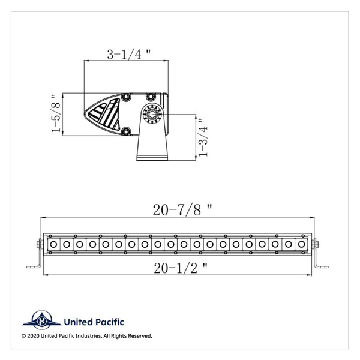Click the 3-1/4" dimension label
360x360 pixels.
point(128,55)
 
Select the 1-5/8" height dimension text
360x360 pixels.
point(57,113)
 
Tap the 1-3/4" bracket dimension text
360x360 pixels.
point(205,137)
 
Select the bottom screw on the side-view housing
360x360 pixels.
point(127,131)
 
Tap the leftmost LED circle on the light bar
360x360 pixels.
point(53,244)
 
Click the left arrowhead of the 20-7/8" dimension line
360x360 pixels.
point(42,217)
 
